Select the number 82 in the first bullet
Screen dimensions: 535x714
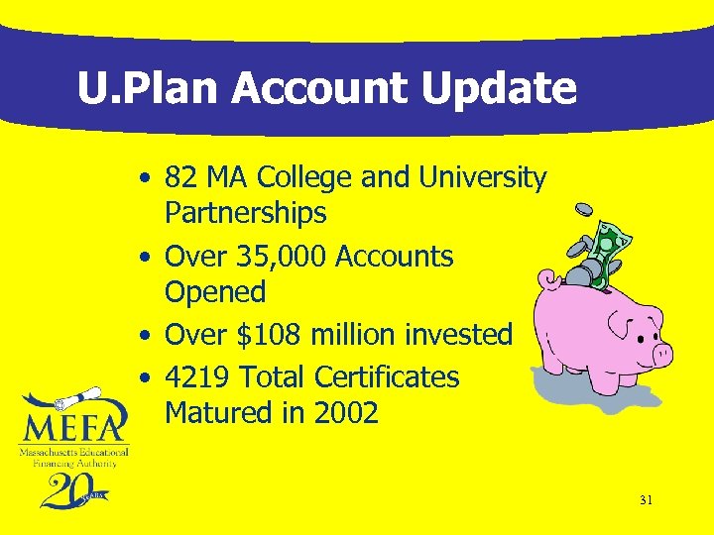[179, 178]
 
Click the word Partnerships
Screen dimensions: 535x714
[245, 213]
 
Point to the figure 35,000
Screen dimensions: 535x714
[282, 257]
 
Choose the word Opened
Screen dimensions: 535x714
[215, 292]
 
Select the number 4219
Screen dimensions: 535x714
[197, 377]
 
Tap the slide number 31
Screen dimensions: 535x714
[646, 500]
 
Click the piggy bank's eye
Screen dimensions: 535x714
[628, 319]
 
